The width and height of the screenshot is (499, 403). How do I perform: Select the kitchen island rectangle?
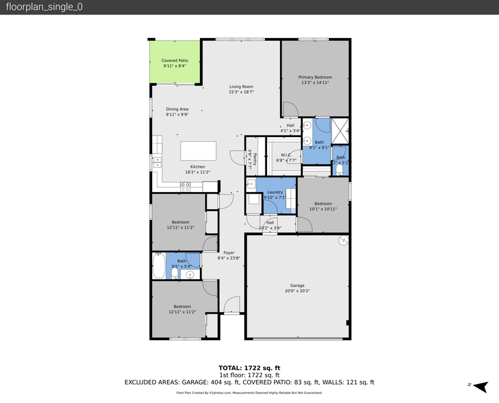coord(198,151)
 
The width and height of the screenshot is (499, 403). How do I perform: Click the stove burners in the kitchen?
coord(185,188)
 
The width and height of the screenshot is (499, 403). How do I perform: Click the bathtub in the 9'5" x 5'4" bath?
coord(159,266)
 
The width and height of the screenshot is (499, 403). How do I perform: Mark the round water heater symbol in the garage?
coord(343,240)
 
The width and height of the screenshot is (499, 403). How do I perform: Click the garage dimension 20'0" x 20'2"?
coord(297,291)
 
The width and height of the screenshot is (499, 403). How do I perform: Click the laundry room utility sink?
coord(250,182)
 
